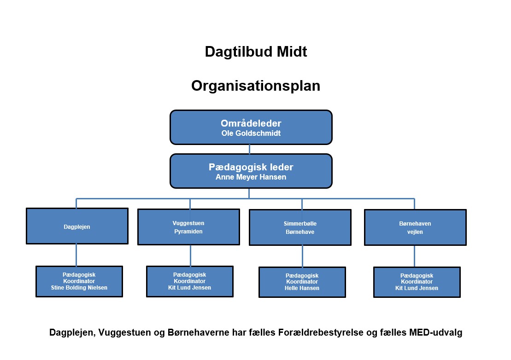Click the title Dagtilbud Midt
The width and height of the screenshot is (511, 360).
[x=256, y=52]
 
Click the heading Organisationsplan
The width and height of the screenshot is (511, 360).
[x=256, y=86]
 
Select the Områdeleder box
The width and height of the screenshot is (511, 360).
[x=251, y=127]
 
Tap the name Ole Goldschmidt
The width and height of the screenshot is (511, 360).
[x=251, y=133]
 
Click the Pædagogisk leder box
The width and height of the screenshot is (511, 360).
[x=251, y=171]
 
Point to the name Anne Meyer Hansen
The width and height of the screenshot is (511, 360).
[x=251, y=177]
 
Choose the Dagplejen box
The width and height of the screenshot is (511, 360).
[x=77, y=226]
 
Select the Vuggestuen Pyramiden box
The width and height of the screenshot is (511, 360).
[x=189, y=227]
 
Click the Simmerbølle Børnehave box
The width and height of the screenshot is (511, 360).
[x=300, y=227]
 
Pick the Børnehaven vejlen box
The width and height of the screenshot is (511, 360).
[x=415, y=227]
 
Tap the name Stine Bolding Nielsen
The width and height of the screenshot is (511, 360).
[x=79, y=288]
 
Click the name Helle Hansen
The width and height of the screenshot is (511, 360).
[x=302, y=288]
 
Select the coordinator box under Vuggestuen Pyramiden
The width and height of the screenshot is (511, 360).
[x=190, y=282]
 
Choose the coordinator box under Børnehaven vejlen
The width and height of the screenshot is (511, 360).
[x=417, y=282]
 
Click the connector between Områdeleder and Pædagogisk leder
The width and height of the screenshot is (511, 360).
[x=250, y=149]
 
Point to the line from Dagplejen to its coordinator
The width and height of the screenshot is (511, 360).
[x=76, y=255]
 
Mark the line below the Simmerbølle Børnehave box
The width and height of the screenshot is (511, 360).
[x=302, y=256]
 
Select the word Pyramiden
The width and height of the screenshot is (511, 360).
[x=188, y=232]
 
